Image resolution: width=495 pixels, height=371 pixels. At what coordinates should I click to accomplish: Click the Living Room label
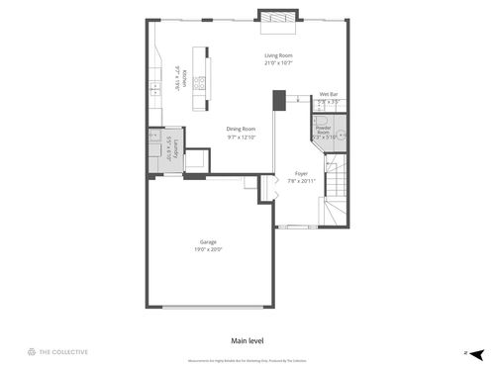[277, 55]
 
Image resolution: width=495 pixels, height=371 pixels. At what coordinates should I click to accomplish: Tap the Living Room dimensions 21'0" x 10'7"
[277, 63]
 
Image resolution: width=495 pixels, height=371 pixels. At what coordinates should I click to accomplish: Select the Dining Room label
[242, 129]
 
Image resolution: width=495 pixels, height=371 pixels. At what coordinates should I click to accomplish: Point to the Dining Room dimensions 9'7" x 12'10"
[242, 137]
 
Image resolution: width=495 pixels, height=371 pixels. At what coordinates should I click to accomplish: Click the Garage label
[208, 241]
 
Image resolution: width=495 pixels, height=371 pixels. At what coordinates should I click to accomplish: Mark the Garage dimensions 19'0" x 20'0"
[208, 249]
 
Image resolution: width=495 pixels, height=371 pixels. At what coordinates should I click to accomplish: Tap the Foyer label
[301, 173]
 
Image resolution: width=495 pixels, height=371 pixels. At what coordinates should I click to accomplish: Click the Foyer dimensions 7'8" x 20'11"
[301, 181]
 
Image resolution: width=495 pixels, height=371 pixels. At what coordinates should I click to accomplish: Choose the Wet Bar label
[328, 94]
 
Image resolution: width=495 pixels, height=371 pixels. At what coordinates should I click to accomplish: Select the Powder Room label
[323, 128]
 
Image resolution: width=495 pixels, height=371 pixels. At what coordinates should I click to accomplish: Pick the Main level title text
[247, 340]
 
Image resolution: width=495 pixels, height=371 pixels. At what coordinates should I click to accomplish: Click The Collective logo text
[64, 351]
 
